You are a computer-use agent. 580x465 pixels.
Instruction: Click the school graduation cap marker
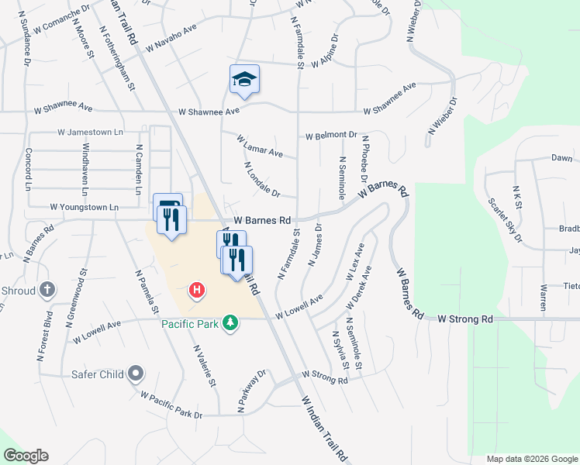click(244, 79)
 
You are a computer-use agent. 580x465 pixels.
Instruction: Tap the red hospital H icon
click(198, 290)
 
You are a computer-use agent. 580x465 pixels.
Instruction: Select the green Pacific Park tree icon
click(230, 322)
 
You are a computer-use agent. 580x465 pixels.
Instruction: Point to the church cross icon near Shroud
click(47, 290)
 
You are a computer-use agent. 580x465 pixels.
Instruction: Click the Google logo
click(26, 456)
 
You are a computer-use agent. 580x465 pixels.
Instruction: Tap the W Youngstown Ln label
click(84, 208)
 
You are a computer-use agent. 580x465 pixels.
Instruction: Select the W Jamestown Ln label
click(90, 133)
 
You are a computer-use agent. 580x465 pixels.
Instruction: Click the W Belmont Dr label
click(331, 136)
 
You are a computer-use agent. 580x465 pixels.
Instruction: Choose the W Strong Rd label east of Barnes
click(465, 319)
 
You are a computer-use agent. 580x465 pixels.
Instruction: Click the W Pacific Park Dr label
click(171, 405)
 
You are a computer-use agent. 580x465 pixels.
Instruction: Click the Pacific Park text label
click(191, 323)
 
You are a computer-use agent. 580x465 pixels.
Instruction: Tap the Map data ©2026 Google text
click(531, 459)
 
